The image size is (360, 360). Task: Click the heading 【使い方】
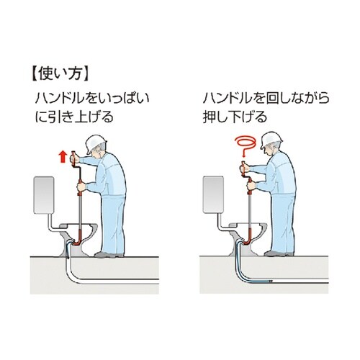coord(60,74)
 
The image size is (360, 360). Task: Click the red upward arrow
coord(63,156)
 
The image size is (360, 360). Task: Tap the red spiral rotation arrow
coord(244,143)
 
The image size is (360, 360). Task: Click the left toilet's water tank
coord(44,195)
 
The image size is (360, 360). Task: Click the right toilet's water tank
coord(213,194)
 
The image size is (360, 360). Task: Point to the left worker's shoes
coord(109,254)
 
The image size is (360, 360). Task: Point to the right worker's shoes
coord(279,253)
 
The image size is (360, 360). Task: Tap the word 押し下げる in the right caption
coord(235,117)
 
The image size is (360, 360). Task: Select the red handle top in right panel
coord(243,167)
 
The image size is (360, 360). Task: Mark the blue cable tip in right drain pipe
coord(271,281)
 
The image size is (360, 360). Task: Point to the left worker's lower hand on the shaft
coord(81,186)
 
